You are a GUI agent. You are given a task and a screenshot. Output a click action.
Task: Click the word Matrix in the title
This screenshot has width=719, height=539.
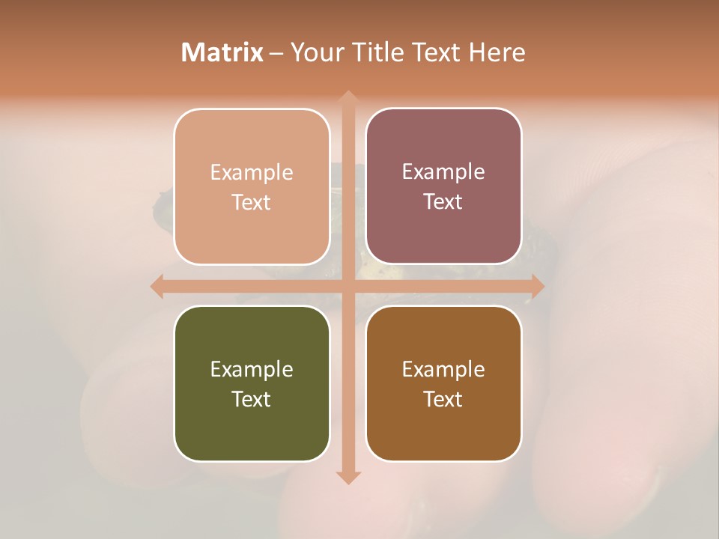(x=222, y=52)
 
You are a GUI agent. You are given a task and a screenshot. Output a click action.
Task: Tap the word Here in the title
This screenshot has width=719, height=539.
(x=497, y=52)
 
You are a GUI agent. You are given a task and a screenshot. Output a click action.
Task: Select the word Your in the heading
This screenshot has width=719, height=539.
(x=314, y=52)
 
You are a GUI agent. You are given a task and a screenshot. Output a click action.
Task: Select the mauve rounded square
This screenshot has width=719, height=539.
(x=443, y=232)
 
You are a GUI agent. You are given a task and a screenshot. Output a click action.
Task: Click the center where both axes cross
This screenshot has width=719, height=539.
(x=348, y=286)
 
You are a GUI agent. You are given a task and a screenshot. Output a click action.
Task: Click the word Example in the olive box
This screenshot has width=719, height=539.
(x=252, y=369)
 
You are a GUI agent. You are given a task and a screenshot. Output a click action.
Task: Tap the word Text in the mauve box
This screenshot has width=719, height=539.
(x=443, y=202)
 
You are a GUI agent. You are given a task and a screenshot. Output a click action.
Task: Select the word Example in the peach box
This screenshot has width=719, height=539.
(x=252, y=172)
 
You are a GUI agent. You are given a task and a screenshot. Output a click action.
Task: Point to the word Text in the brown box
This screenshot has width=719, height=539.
(x=443, y=399)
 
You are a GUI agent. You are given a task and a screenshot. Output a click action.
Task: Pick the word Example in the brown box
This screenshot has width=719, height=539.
(x=443, y=369)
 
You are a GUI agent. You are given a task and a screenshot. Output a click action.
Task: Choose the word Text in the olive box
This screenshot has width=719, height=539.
(x=252, y=399)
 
